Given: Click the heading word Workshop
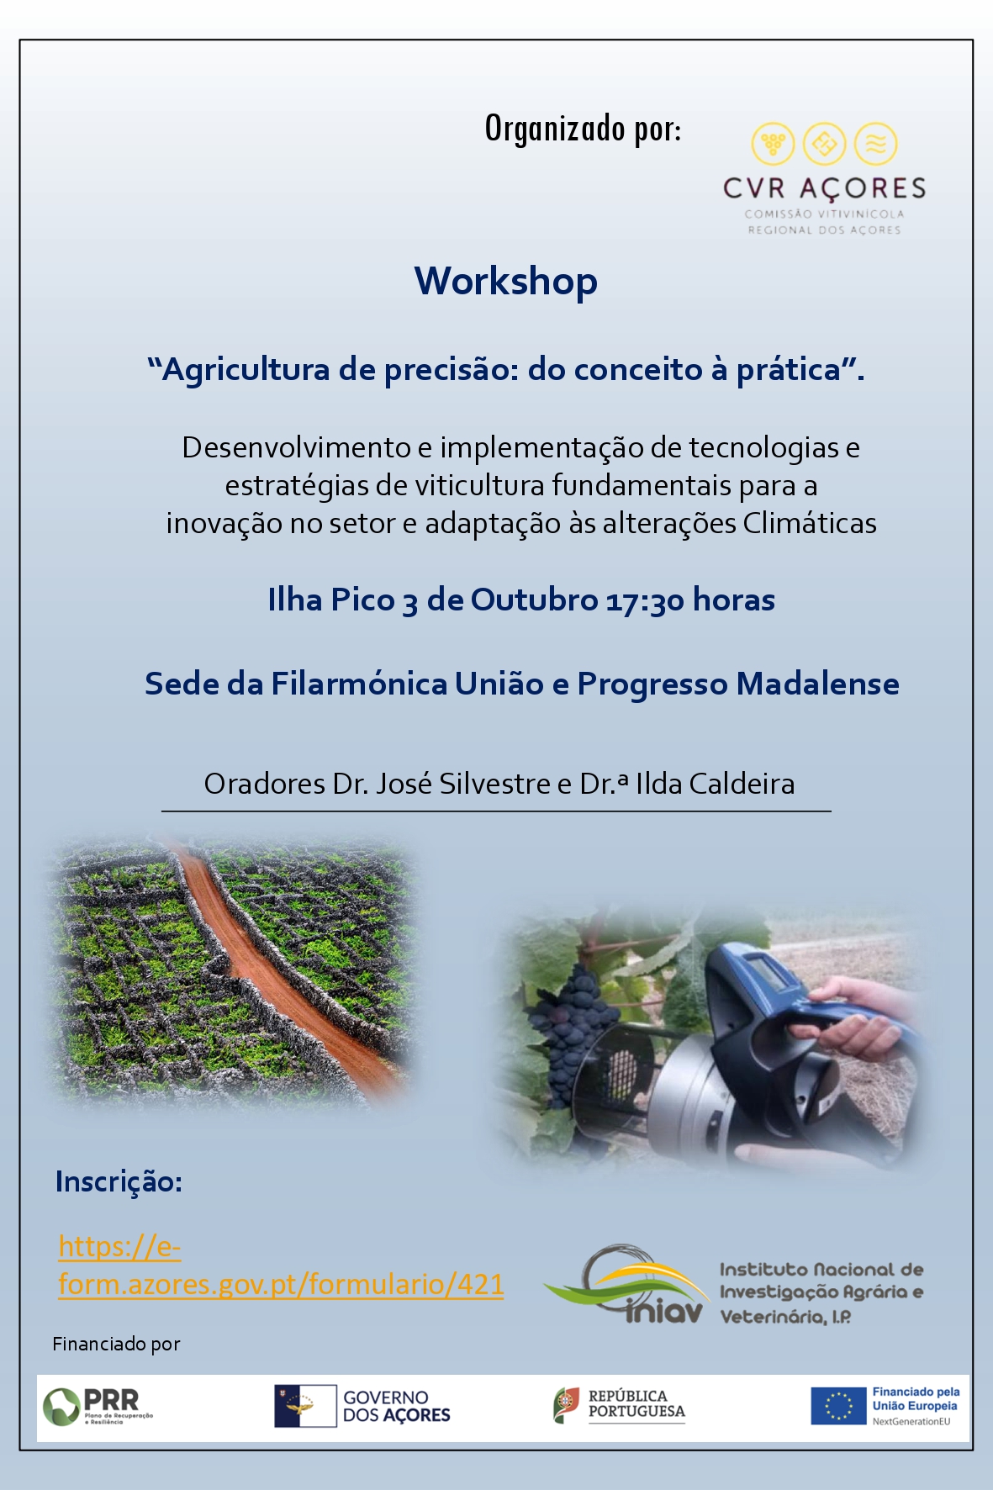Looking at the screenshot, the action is point(505,282).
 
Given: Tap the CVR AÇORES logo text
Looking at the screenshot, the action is point(824,188).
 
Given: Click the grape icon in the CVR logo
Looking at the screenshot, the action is point(773,144).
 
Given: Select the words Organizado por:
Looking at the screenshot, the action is point(583,129).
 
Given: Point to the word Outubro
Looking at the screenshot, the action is point(534,600).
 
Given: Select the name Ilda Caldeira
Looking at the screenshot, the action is point(715,784).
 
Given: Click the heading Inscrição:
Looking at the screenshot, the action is point(119,1181).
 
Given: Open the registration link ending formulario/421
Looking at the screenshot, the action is point(281,1265).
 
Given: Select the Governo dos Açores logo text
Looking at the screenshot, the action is point(396,1406).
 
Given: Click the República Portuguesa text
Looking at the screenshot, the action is point(636,1404).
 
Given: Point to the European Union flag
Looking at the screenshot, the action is point(838,1406).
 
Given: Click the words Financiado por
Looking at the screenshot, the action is point(116,1344).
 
